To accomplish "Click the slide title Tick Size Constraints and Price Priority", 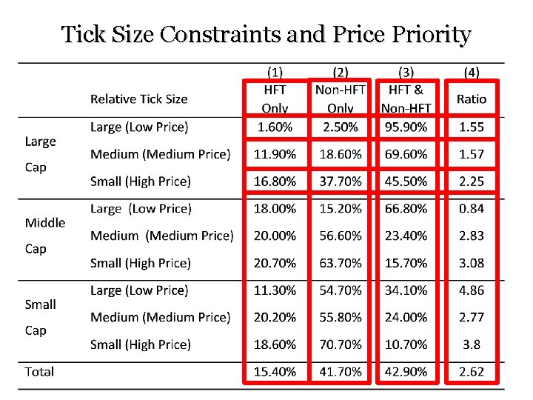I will click(x=266, y=35).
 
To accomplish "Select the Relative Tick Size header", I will click(x=138, y=99).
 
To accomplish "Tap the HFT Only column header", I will click(x=275, y=98).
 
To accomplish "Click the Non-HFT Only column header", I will click(x=341, y=98).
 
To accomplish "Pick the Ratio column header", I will click(x=472, y=99).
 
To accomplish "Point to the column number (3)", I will click(x=406, y=73).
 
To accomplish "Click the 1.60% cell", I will click(x=275, y=127).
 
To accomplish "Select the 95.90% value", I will click(x=406, y=127).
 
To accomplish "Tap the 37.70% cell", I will click(x=341, y=181).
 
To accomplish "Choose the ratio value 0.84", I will click(x=472, y=209).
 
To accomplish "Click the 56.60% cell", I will click(x=341, y=236).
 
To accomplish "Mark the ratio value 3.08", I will click(x=472, y=263).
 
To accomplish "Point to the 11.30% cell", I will click(x=275, y=290).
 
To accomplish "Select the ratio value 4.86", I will click(x=472, y=290).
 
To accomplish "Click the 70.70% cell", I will click(x=341, y=344).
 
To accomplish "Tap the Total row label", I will click(x=39, y=372).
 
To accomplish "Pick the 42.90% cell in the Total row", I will click(x=406, y=372).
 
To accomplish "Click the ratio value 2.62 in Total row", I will click(x=472, y=372).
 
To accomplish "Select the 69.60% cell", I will click(x=406, y=154).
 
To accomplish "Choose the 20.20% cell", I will click(x=275, y=317).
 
